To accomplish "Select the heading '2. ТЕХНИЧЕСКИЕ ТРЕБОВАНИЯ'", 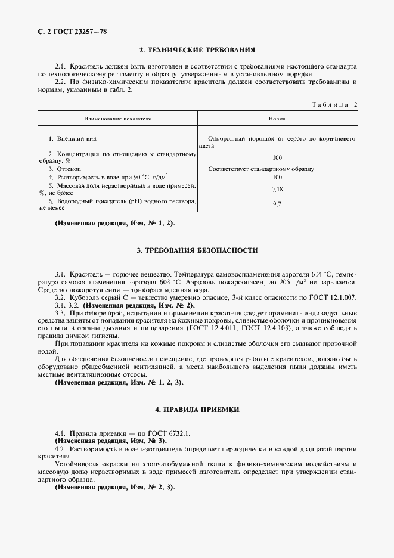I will coord(197,50).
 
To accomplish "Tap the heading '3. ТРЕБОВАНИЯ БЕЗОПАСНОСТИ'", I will coord(197,250).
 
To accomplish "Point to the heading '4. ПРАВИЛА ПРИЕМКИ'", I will coord(197,410).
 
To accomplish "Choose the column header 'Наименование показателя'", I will coord(117,119).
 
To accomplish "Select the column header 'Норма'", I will coord(277,119).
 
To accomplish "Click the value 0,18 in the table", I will coord(277,189).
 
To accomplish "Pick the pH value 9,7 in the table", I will coord(277,204).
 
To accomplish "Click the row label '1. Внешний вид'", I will coord(72,138).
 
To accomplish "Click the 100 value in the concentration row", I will coord(277,158).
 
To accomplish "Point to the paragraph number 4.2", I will coord(60,447).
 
